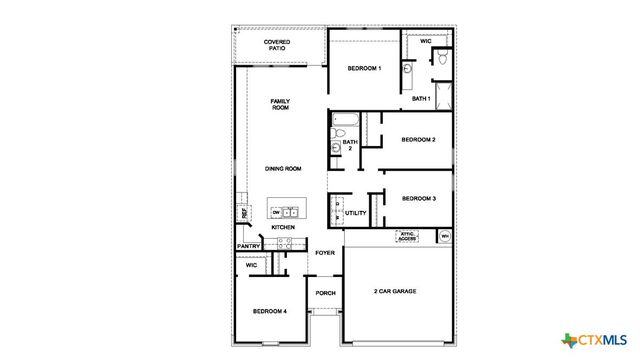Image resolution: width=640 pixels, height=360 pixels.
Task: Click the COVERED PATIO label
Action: (x=277, y=46)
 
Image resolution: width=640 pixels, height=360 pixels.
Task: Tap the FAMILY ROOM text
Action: (x=280, y=104)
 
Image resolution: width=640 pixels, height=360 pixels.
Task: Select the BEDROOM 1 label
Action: (x=364, y=68)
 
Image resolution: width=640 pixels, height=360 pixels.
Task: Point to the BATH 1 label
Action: (x=421, y=99)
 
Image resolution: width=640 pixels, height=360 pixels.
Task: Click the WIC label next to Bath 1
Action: (x=425, y=42)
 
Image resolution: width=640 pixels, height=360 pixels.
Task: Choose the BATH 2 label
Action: (x=350, y=145)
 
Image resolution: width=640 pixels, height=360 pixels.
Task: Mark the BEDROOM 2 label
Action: (x=418, y=140)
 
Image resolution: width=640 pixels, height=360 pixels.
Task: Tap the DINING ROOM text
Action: (x=283, y=169)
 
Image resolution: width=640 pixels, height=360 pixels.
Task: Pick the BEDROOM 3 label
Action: (x=418, y=199)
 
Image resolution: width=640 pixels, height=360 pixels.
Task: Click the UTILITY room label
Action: (x=356, y=213)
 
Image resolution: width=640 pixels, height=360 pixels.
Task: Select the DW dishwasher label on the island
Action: (x=275, y=213)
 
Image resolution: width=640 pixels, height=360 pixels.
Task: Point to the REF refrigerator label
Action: (x=243, y=213)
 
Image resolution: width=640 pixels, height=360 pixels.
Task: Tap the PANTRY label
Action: (x=249, y=247)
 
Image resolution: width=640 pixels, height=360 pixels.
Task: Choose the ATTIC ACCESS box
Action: (x=407, y=238)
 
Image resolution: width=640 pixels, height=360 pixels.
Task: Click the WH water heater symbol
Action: (x=445, y=237)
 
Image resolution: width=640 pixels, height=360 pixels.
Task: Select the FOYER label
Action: (x=325, y=253)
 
